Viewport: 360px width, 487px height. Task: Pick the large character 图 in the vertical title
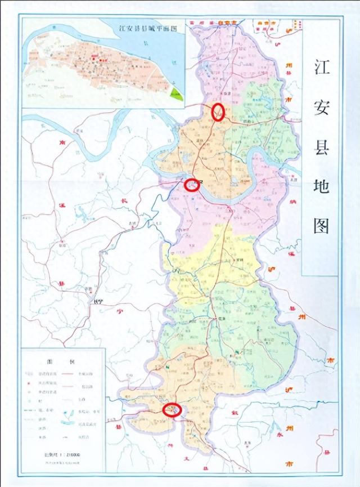click(x=321, y=225)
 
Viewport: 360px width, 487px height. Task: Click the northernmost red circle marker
click(x=218, y=111)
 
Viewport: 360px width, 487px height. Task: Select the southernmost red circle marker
click(x=171, y=410)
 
